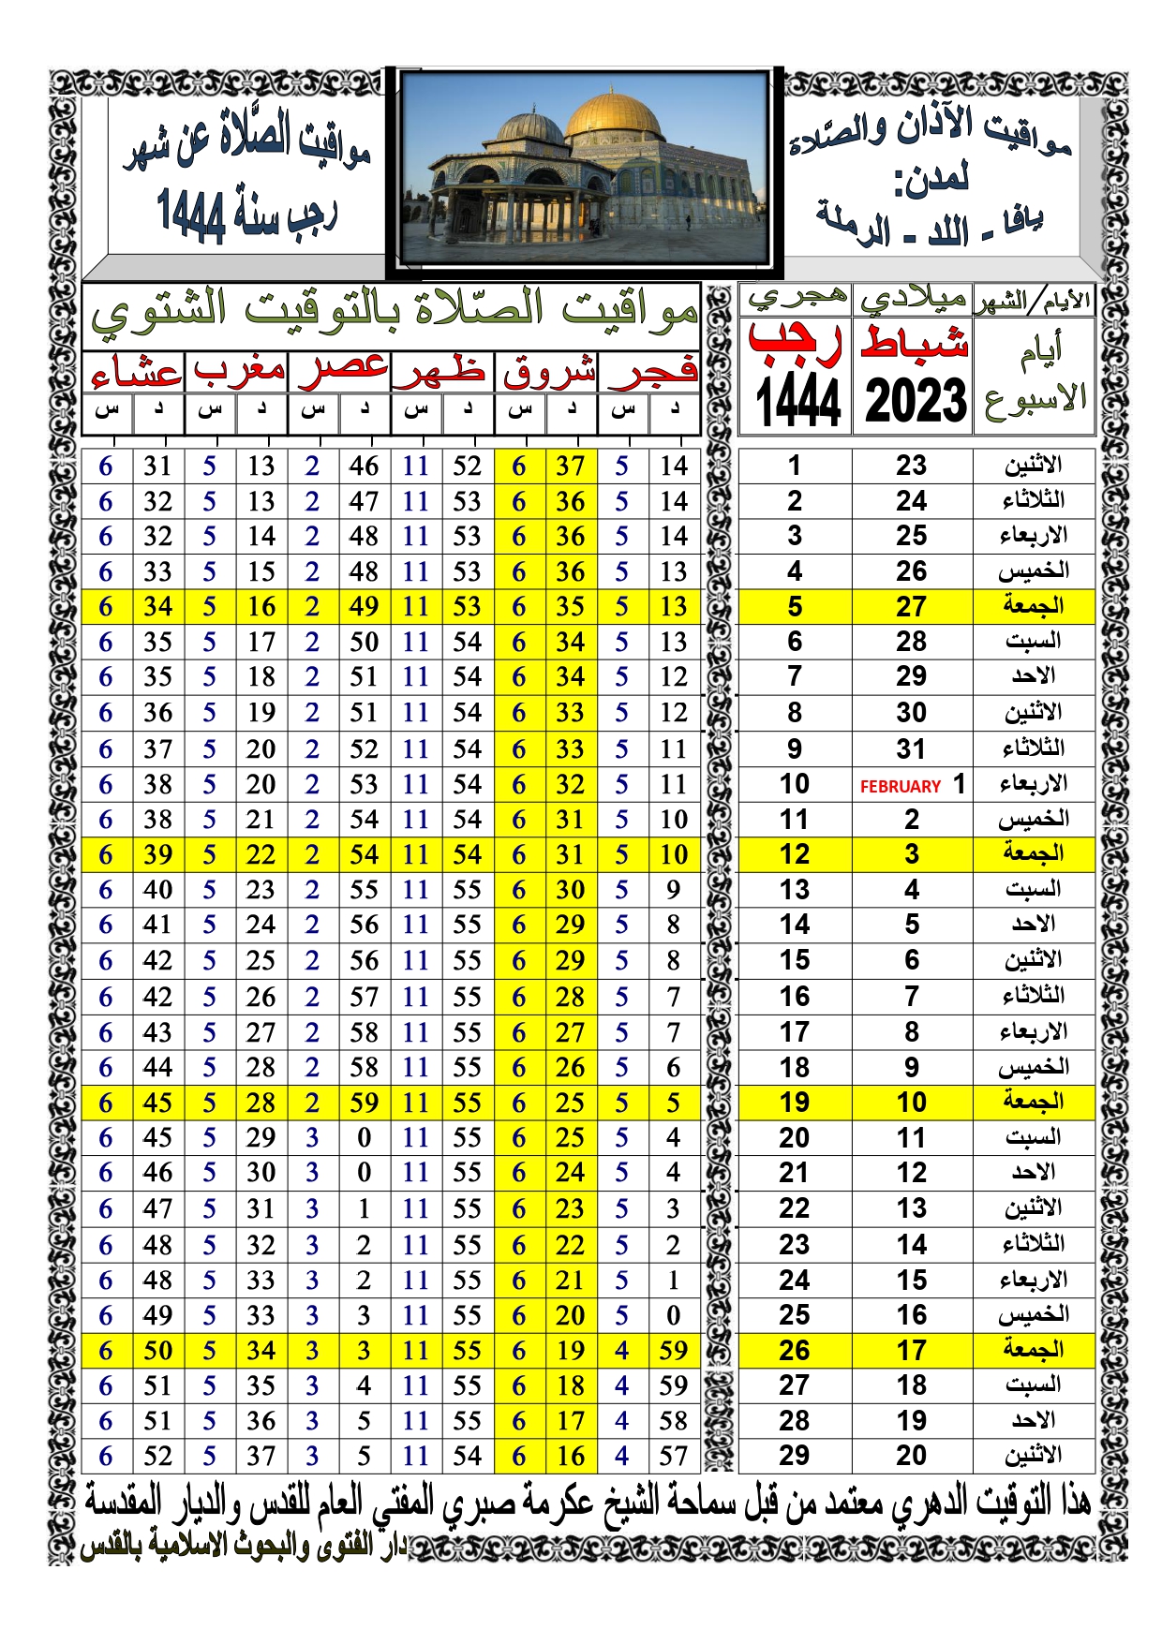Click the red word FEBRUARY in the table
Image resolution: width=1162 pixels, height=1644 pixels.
point(900,787)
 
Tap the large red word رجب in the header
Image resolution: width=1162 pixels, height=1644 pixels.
point(795,343)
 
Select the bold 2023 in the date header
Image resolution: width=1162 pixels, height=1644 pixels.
point(915,402)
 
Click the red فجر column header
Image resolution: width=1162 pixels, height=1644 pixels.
point(652,372)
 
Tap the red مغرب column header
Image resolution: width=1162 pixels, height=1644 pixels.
point(238,372)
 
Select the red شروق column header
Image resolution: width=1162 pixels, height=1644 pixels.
point(548,372)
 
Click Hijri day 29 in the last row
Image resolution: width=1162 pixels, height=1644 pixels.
point(794,1455)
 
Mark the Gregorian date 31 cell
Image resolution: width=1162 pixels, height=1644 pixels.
point(911,749)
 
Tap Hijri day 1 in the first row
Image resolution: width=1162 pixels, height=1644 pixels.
point(794,466)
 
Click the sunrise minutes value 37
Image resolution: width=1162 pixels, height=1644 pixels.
point(570,467)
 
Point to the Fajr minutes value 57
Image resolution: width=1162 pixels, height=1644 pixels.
point(673,1456)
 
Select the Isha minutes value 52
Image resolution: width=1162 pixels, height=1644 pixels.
point(157,1456)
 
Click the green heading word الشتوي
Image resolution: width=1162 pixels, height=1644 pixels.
point(159,312)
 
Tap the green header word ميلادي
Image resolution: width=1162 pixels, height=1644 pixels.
point(913,299)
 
